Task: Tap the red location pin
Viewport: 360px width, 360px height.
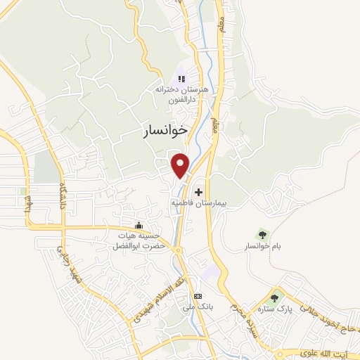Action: (x=181, y=165)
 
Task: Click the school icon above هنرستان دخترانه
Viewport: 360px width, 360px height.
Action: (x=181, y=79)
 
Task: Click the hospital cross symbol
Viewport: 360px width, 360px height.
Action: (x=198, y=191)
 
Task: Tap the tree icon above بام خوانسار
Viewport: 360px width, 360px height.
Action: (x=262, y=234)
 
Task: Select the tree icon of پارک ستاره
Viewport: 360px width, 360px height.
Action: (x=276, y=299)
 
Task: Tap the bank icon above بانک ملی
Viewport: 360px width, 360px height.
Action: (x=198, y=296)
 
